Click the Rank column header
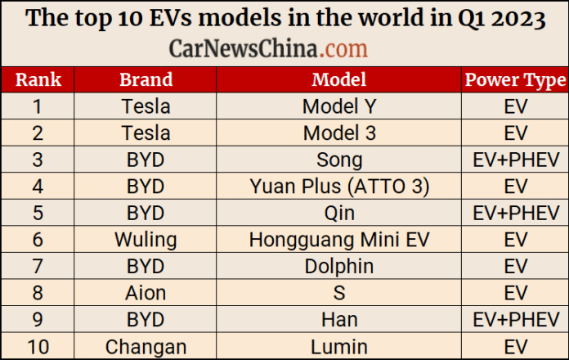click(38, 79)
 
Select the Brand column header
click(146, 79)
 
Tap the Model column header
click(339, 79)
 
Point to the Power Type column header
click(515, 79)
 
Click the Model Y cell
click(339, 106)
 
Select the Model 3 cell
click(339, 133)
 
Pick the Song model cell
click(339, 160)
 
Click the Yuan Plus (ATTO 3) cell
click(339, 187)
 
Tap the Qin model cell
click(339, 213)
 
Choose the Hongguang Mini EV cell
click(339, 240)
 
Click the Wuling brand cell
click(146, 240)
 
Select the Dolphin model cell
click(339, 266)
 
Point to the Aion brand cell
click(146, 293)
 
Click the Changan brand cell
click(146, 346)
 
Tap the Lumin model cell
click(339, 346)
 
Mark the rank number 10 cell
click(38, 346)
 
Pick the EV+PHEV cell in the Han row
click(515, 319)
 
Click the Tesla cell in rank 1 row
click(146, 106)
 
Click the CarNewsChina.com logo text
click(268, 48)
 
